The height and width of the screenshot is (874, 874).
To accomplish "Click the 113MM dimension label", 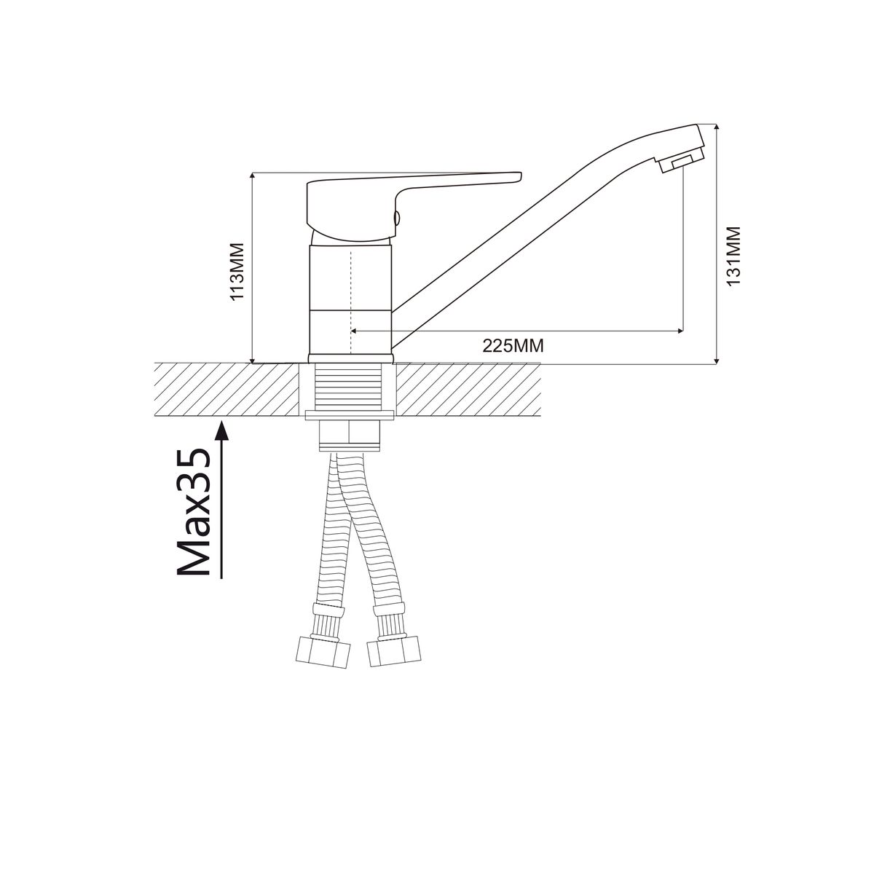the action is tap(237, 271).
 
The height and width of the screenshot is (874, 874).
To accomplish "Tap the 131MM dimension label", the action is tap(733, 256).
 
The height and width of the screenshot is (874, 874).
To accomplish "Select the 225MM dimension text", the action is tap(513, 346).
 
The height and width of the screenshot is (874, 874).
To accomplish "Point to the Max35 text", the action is tap(194, 512).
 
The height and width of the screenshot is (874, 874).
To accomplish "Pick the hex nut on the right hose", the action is tap(393, 651).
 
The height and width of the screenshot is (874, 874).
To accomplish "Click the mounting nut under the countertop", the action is tap(350, 436).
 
